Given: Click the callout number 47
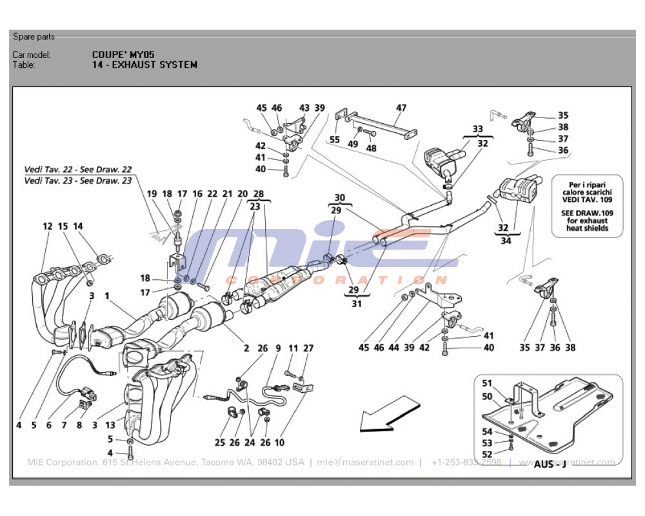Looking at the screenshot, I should coord(401,108).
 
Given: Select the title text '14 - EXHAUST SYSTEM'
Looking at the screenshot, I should coord(144,64).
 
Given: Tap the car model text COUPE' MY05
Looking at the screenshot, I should coord(123,55).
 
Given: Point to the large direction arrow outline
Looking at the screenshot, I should coord(386,413).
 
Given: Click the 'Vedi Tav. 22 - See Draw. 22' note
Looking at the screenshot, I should coord(77,169).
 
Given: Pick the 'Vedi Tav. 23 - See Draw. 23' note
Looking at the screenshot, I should coord(77,181).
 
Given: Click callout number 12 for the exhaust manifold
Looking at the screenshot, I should coord(48,226).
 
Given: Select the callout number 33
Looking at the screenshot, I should coord(477,129).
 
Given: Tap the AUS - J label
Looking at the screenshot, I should coord(550,464).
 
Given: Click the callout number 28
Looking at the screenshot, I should coord(258,194).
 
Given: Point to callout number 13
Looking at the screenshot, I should coord(110,425).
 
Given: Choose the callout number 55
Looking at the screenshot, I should coord(335,139).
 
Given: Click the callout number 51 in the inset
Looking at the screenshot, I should coord(487,383).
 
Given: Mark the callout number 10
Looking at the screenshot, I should coord(279,442).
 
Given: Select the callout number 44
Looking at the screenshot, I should coord(393,348).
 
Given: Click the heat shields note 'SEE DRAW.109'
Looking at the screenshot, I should coord(587,212).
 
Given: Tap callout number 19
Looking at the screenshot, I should coord(152,193).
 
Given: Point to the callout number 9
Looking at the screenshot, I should coord(278,348).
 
